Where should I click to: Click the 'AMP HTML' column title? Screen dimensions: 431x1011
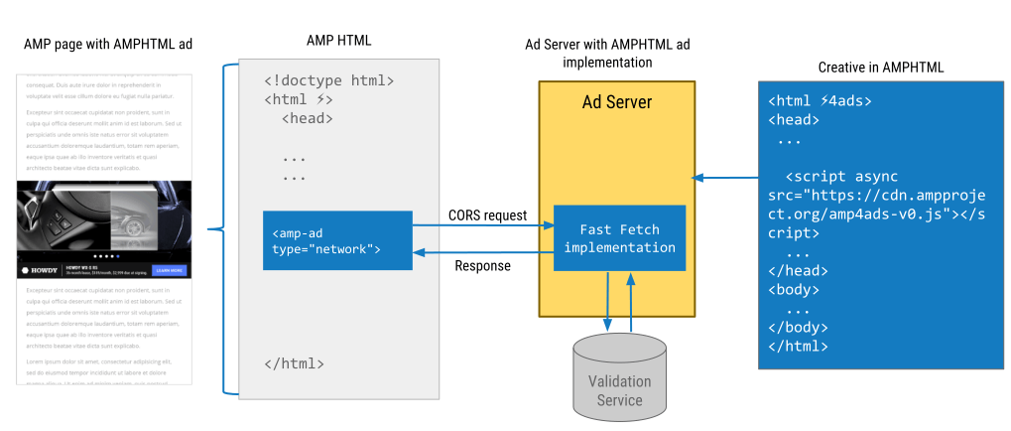pyautogui.click(x=339, y=40)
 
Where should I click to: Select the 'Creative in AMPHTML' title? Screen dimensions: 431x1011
pyautogui.click(x=881, y=67)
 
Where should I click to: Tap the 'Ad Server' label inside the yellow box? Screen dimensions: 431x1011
pyautogui.click(x=616, y=103)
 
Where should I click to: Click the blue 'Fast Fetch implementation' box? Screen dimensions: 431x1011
pyautogui.click(x=619, y=238)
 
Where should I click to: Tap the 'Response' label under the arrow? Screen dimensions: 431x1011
pyautogui.click(x=482, y=265)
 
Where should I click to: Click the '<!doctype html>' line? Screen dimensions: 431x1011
pyautogui.click(x=329, y=80)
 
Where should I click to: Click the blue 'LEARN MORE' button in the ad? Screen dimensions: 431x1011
pyautogui.click(x=169, y=269)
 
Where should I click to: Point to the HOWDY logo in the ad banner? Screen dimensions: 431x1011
pyautogui.click(x=41, y=269)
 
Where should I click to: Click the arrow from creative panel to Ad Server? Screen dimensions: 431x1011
pyautogui.click(x=724, y=178)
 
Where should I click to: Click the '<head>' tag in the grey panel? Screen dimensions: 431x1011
pyautogui.click(x=307, y=118)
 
